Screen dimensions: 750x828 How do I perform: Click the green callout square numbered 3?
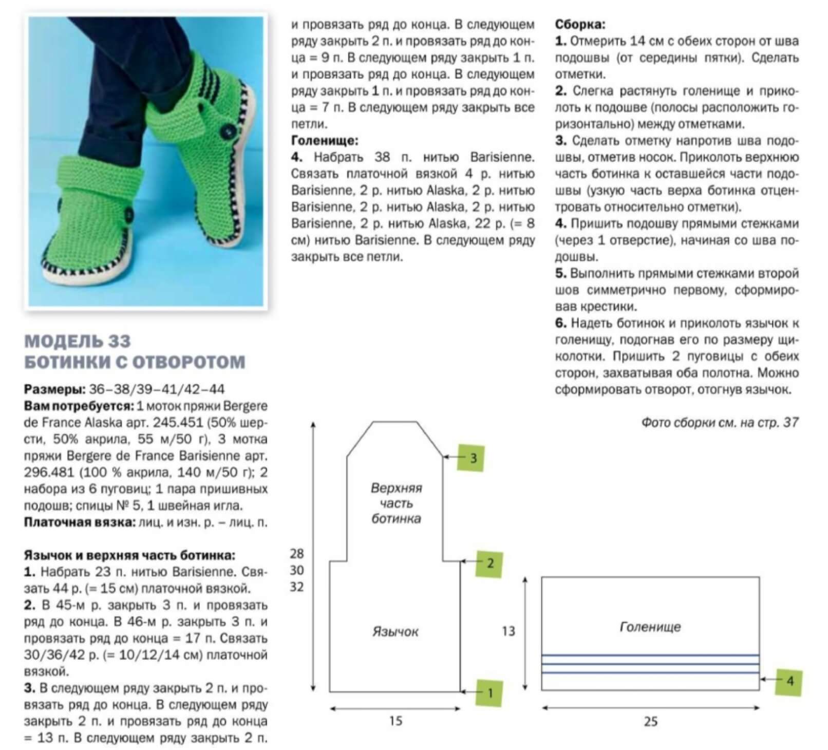tap(471, 457)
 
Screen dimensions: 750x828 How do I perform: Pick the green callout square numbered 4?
tap(788, 681)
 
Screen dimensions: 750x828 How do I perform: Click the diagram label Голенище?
tap(650, 627)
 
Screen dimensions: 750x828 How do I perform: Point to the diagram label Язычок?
tap(395, 631)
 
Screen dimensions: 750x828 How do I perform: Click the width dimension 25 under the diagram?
tap(650, 722)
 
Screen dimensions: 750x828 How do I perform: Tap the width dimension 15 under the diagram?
tap(395, 721)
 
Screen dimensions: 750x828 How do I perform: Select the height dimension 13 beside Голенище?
tap(508, 631)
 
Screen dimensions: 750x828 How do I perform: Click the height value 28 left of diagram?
tap(297, 553)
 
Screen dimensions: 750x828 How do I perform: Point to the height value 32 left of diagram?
tap(297, 587)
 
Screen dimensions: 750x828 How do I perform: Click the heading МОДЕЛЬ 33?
tap(78, 341)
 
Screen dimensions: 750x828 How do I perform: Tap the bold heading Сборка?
tap(580, 24)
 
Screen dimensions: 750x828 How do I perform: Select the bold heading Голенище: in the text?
tap(325, 140)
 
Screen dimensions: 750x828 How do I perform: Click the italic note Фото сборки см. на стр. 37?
tap(720, 422)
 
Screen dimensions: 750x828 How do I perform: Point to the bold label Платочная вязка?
tap(79, 522)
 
